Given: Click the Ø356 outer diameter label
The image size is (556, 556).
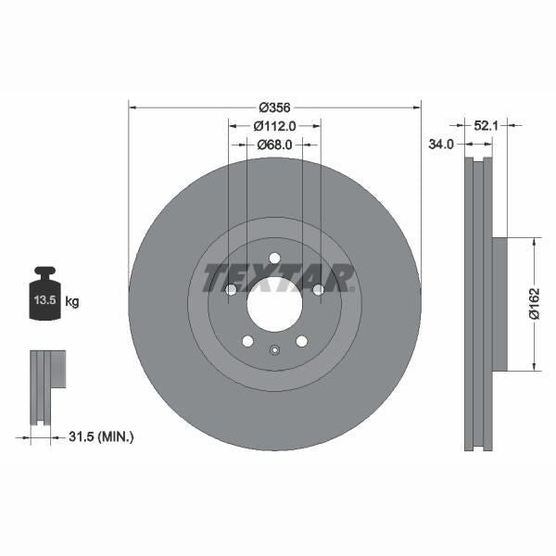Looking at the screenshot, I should pos(274,107).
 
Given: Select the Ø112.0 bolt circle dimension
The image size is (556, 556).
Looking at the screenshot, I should pos(274,126).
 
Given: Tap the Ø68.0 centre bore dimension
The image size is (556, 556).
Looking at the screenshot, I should pos(274,145).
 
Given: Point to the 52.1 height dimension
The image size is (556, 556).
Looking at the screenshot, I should pos(487,123).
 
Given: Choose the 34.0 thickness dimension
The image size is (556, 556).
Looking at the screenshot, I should pos(441,144).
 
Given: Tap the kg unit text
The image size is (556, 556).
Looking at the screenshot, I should pos(71,302).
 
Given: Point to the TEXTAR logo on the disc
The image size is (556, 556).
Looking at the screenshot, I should pos(278,277).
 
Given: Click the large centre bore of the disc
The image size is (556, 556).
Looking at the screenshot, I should pos(274,303).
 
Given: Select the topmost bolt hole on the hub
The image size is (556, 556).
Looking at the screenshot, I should pos(274,259).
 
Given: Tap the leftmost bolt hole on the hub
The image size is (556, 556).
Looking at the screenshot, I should pos(231,290).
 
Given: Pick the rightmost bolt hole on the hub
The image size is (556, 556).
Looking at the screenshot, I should pos(318,290).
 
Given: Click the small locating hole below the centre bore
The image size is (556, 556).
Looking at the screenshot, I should pos(274,349).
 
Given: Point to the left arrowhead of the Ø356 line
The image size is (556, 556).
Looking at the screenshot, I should pos(133,107).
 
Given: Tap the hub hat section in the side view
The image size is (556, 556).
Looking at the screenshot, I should pos(499,304).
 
